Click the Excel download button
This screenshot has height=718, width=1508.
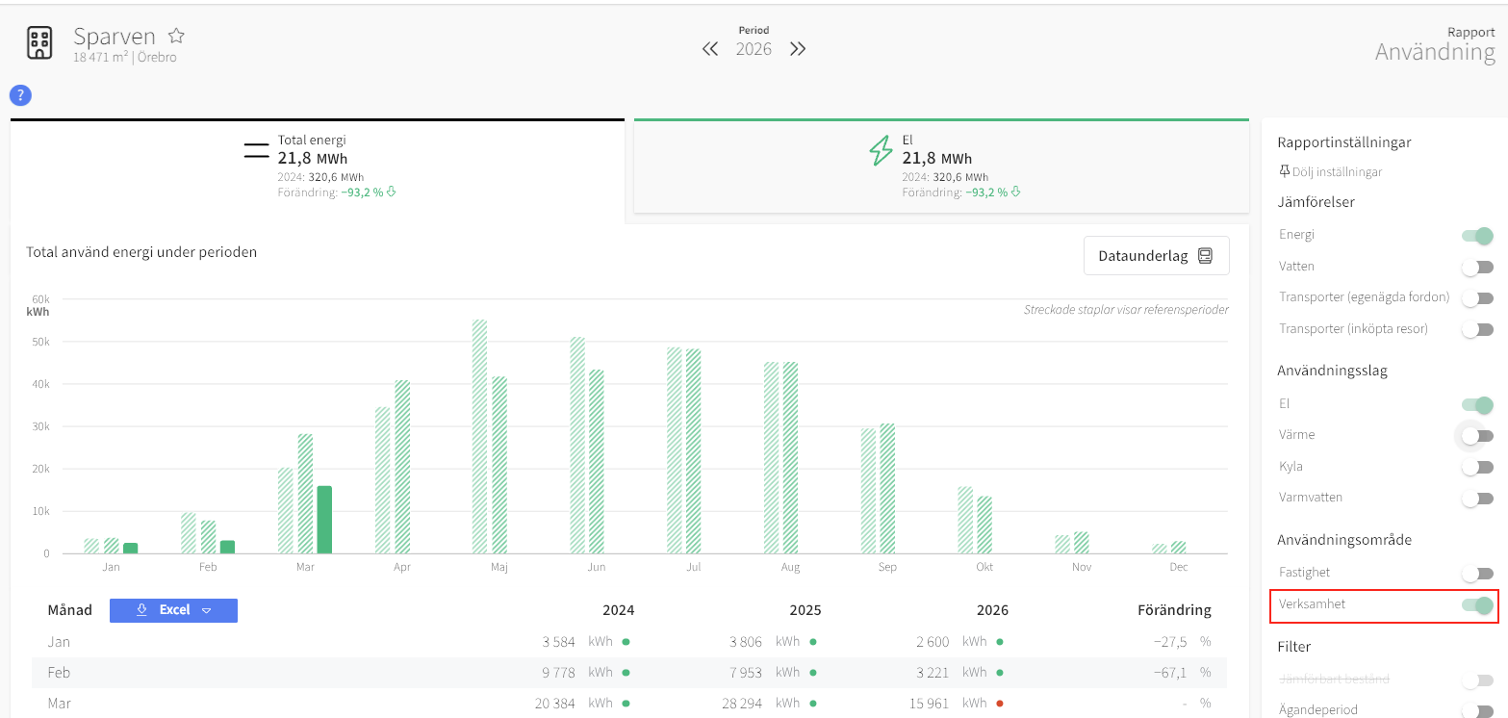coord(173,610)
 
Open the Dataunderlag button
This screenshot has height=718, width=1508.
coord(1156,256)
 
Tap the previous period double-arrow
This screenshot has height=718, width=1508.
coord(710,49)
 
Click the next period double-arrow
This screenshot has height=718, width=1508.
coord(798,49)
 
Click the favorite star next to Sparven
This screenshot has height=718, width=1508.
coord(176,35)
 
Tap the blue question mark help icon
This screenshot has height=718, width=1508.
coord(20,95)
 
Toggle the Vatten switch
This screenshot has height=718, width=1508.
coord(1477,268)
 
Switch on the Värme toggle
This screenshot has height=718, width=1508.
coord(1477,436)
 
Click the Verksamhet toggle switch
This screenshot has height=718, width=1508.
coord(1477,605)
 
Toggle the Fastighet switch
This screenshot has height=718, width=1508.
coord(1477,574)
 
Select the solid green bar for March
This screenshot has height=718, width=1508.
coord(324,520)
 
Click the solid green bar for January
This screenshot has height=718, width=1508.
coord(131,549)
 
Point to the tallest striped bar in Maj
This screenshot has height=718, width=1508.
coord(479,436)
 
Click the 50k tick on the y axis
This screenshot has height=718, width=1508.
coord(41,342)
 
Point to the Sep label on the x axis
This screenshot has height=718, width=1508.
coord(887,567)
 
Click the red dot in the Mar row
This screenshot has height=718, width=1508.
coord(1000,704)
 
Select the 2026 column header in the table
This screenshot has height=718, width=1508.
coord(992,610)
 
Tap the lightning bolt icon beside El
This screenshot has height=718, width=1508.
coord(881,150)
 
